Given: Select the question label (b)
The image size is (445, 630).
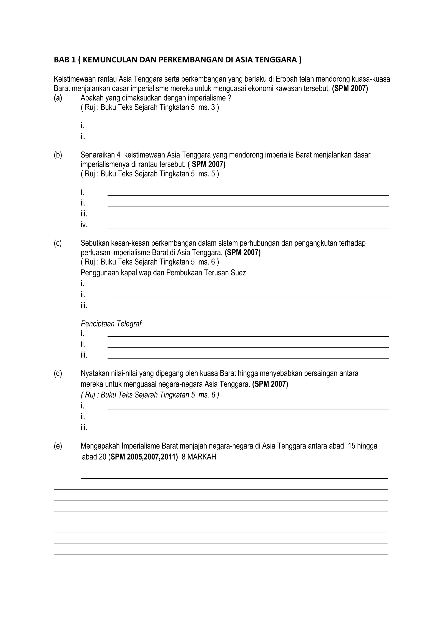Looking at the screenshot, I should click(x=58, y=155).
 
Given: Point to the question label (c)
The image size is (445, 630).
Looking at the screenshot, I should click(x=58, y=243).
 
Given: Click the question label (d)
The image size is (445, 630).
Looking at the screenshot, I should click(x=58, y=374).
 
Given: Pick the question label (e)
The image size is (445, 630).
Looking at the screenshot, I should click(x=58, y=446).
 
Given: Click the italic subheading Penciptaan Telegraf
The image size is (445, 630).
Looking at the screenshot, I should click(x=111, y=324).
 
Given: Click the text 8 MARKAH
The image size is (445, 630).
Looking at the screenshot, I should click(x=199, y=457).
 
